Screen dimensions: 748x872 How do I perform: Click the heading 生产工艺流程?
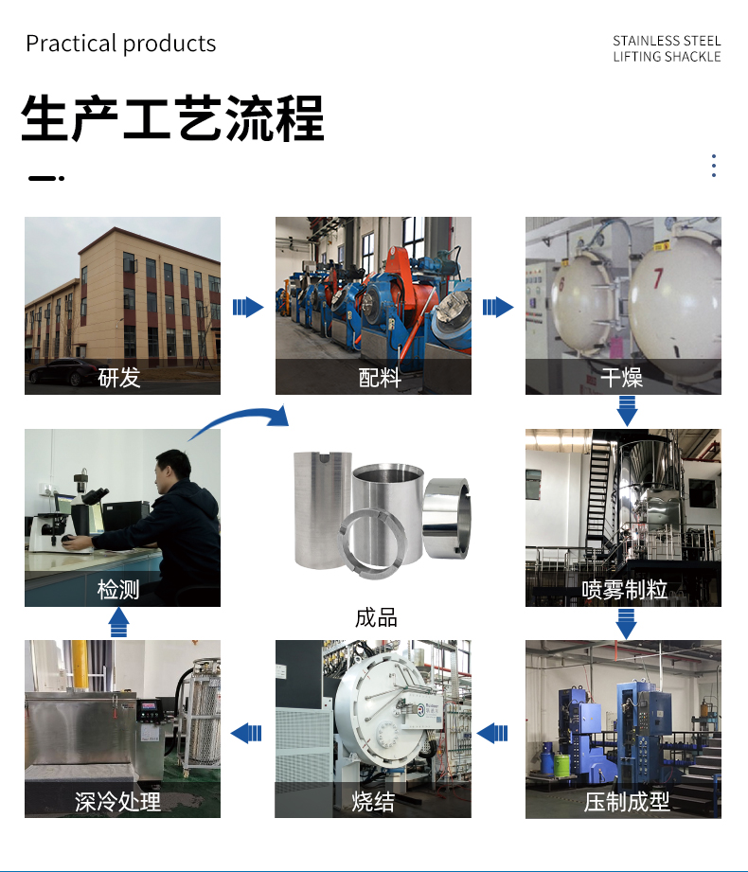[172, 118]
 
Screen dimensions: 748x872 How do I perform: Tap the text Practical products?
[120, 44]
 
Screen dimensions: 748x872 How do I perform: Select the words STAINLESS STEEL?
[667, 41]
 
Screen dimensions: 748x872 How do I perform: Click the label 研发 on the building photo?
[119, 378]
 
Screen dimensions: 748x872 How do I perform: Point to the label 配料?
[380, 378]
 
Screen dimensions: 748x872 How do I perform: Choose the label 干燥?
[622, 378]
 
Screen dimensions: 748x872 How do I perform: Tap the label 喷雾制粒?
[624, 590]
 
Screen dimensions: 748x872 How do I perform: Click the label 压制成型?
[627, 801]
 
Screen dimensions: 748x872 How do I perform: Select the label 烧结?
[373, 801]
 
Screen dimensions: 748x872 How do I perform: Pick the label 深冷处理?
[118, 801]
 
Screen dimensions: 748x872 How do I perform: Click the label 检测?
[118, 590]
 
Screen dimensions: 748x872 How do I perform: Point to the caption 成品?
[376, 618]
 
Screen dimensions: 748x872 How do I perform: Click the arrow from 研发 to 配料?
[248, 307]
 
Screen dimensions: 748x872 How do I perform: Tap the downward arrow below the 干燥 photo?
[627, 411]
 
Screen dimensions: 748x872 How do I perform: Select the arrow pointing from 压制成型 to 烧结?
[492, 733]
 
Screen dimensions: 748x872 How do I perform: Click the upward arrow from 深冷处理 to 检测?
[118, 622]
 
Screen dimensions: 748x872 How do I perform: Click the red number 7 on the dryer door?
[658, 278]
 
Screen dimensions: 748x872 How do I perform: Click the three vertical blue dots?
[714, 166]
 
